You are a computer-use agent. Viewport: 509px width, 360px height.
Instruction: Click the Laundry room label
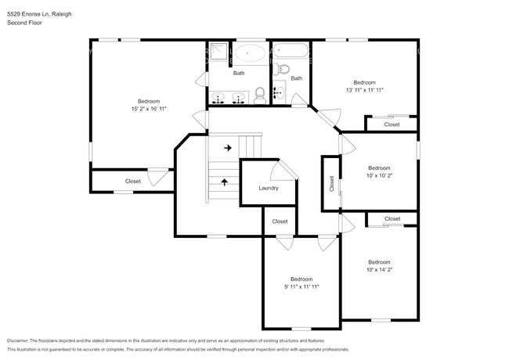pyautogui.click(x=269, y=188)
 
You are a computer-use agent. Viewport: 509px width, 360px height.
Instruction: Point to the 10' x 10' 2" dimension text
pyautogui.click(x=379, y=176)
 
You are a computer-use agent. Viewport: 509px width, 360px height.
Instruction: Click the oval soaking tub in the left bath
pyautogui.click(x=250, y=54)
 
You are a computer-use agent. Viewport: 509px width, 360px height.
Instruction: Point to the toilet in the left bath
pyautogui.click(x=260, y=97)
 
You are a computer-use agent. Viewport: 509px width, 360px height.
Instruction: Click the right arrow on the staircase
pyautogui.click(x=228, y=147)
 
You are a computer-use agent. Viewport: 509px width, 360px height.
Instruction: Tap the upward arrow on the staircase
pyautogui.click(x=226, y=182)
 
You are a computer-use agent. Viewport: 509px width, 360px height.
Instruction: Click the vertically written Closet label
pyautogui.click(x=331, y=184)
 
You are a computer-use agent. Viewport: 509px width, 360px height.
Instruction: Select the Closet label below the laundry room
pyautogui.click(x=280, y=221)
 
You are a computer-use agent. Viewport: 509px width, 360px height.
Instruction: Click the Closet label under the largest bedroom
pyautogui.click(x=133, y=182)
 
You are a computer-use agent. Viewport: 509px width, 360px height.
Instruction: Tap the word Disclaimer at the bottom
pyautogui.click(x=21, y=341)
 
